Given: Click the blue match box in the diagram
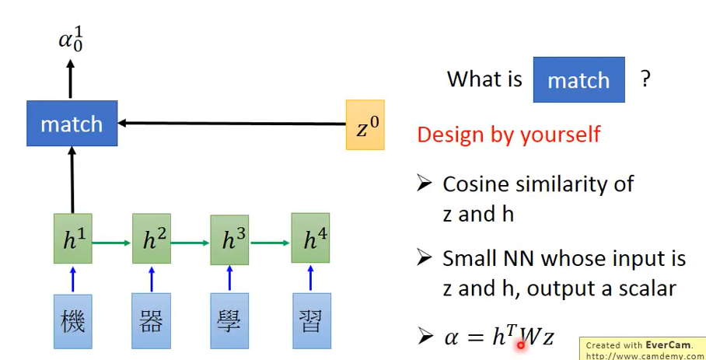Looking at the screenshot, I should coord(72,123).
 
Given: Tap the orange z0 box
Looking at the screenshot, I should coord(365,124).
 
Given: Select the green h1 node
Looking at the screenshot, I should coord(73,240).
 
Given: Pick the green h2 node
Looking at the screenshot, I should coord(151,240).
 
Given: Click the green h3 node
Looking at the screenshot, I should coord(229,240).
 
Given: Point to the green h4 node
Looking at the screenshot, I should coord(310,240).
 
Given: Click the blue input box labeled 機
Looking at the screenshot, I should coord(73,320).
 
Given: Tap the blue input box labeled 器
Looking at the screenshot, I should coord(151,320).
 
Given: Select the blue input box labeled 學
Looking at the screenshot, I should coord(229,320).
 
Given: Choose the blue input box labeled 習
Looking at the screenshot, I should coord(311,320).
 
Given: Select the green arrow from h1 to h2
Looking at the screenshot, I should coord(112,242).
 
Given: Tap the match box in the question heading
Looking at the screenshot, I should coord(578,80).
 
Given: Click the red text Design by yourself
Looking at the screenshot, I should coord(509,134).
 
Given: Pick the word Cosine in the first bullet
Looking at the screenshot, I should coord(475,184).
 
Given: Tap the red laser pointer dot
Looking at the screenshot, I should coord(520,344).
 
